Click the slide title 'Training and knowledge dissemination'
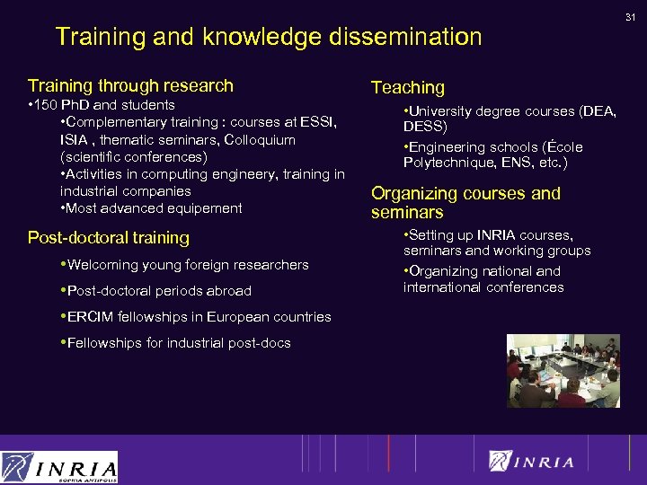tap(269, 37)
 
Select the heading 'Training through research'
tap(130, 86)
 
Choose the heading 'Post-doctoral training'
tap(109, 238)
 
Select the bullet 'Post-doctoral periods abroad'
tap(159, 291)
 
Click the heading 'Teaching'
tap(408, 88)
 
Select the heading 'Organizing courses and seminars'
tap(465, 203)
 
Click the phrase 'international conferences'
tap(483, 287)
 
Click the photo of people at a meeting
tap(563, 370)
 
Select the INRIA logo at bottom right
tap(531, 462)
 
